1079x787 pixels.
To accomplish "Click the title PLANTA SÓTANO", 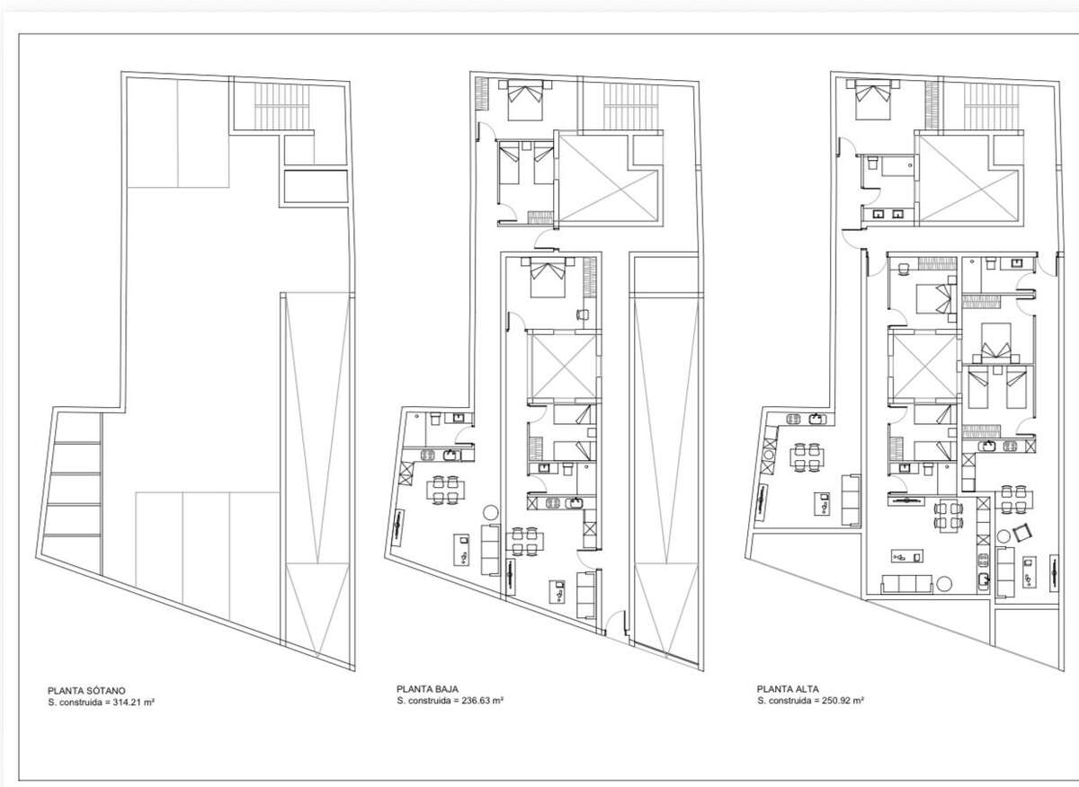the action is (86, 691).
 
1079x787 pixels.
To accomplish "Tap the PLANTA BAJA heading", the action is (427, 689).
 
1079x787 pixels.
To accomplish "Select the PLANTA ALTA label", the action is (788, 689).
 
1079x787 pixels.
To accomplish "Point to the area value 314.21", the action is (127, 703).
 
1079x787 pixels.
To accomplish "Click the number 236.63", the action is (476, 701).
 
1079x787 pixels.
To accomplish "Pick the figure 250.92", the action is (836, 701).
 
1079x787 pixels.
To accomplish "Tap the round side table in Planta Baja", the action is (491, 512).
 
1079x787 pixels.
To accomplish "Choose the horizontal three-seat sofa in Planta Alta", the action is (907, 584).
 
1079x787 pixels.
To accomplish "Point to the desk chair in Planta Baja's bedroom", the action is (583, 314).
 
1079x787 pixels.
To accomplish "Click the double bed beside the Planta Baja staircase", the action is (525, 100).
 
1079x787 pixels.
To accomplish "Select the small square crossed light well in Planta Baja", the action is (564, 366).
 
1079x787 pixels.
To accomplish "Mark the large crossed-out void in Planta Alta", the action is (968, 180).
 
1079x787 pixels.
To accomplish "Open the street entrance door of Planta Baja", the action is (616, 625).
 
